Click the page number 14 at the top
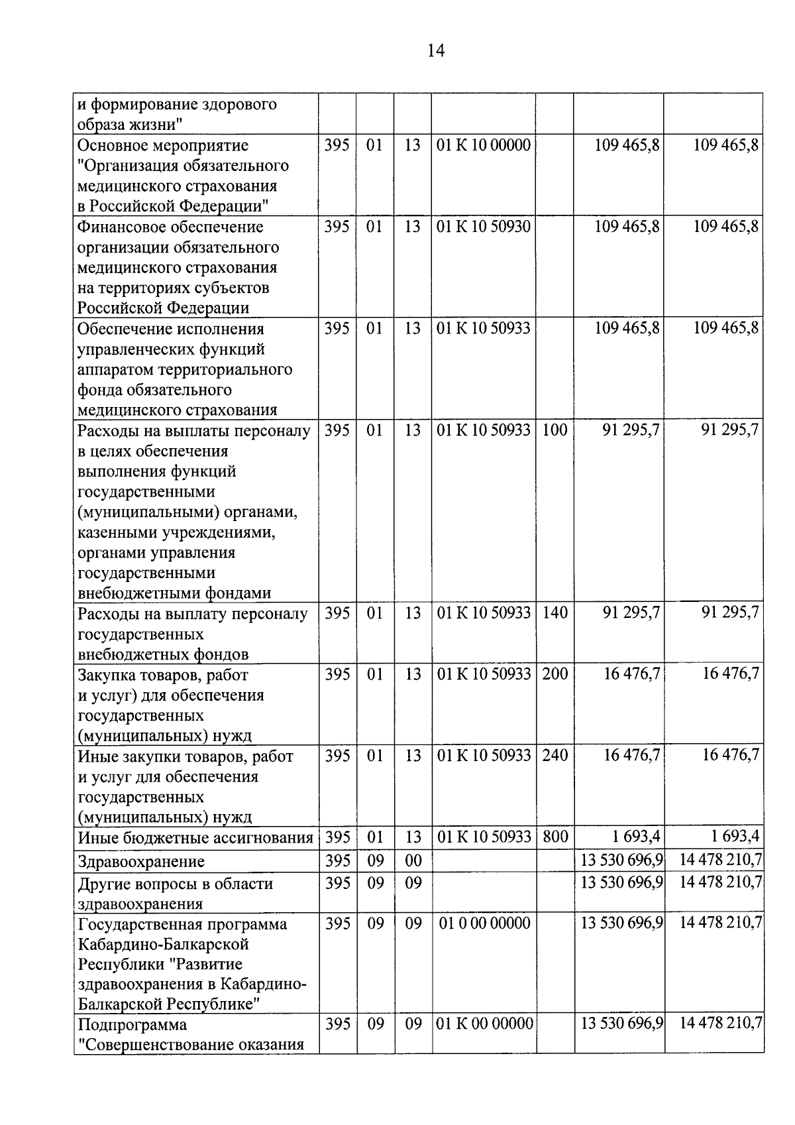[x=436, y=51]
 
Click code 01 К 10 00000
[x=484, y=145]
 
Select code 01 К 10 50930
[x=484, y=227]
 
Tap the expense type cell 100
[x=555, y=430]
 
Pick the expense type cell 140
[x=555, y=613]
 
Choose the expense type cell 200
[x=555, y=674]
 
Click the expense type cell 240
[x=555, y=755]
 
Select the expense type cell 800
[x=555, y=837]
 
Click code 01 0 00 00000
[x=484, y=923]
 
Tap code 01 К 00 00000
[x=484, y=1024]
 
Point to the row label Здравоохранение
[x=141, y=861]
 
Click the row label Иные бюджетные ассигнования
[x=195, y=838]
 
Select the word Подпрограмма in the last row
[x=132, y=1025]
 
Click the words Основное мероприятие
[x=162, y=145]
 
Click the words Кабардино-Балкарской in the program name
[x=163, y=943]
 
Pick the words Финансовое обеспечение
[x=170, y=227]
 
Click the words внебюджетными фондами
[x=174, y=593]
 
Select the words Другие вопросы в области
[x=175, y=884]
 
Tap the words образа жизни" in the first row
[x=130, y=125]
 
